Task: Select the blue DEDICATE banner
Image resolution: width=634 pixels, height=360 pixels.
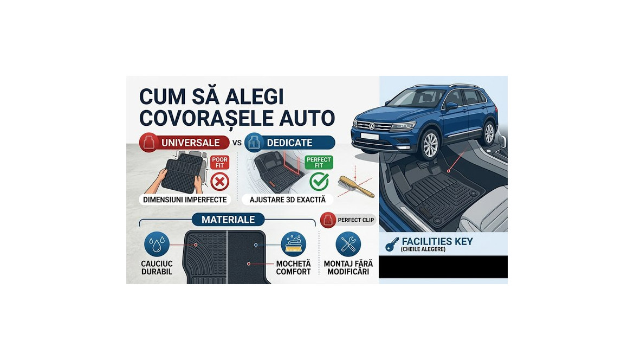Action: [289, 143]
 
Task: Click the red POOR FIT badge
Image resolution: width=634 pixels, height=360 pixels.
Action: [219, 162]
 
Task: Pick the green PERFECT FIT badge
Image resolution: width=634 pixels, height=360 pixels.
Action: [319, 162]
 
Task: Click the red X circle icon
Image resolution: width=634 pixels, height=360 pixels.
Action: [219, 182]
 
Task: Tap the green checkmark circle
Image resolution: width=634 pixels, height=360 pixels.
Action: [319, 181]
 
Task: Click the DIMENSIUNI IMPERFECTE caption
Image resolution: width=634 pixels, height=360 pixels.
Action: [185, 200]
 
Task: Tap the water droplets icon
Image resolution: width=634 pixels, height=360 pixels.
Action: [157, 244]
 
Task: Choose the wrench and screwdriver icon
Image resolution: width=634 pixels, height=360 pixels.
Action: [348, 244]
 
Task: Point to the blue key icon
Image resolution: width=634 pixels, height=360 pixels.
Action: [392, 245]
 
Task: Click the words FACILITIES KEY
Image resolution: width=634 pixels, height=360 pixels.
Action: [437, 242]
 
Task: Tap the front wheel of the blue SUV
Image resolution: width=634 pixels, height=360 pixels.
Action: [430, 145]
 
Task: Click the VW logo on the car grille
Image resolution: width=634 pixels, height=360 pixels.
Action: [372, 126]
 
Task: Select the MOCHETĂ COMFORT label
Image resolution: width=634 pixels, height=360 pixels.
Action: [293, 267]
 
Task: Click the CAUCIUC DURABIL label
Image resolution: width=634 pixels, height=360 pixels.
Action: [156, 267]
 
